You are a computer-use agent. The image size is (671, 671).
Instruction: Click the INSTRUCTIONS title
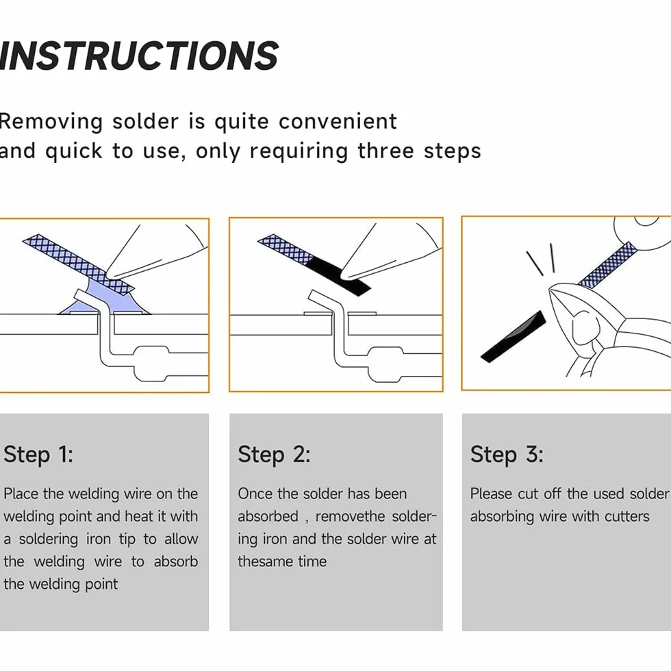[x=139, y=55]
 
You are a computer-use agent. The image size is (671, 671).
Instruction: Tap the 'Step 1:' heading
[x=38, y=454]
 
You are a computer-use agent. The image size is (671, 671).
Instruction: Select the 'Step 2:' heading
[x=274, y=454]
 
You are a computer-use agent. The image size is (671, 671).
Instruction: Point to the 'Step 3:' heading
[x=507, y=454]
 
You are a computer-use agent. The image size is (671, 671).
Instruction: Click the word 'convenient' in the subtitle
[x=338, y=122]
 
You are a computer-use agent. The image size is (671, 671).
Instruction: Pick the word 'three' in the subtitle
[x=385, y=151]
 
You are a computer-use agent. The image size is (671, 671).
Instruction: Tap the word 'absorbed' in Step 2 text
[x=268, y=516]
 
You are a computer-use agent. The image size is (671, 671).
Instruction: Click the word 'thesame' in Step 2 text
[x=265, y=561]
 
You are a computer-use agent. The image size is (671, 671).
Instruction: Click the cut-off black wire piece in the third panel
[x=514, y=337]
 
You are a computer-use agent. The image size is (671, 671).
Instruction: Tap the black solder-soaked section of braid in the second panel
[x=339, y=276]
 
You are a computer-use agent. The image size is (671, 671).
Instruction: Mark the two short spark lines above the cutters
[x=542, y=259]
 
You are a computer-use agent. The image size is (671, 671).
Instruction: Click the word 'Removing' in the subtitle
[x=51, y=123]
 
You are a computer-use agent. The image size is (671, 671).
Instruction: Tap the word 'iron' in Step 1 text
[x=99, y=540]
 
